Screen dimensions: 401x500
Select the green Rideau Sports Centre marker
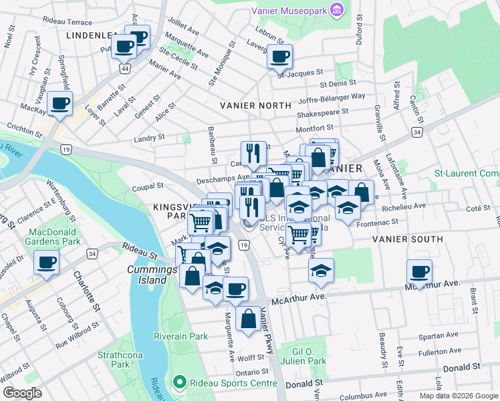[178, 383]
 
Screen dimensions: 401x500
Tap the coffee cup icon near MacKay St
[60, 104]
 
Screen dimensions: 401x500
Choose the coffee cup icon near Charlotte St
[46, 262]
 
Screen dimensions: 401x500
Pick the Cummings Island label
[147, 275]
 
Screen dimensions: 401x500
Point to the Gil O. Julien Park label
[308, 356]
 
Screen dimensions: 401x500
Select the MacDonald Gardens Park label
[53, 236]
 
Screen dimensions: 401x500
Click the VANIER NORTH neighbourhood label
[256, 106]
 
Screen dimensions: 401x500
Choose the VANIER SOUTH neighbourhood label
[407, 239]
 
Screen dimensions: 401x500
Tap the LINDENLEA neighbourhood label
[92, 35]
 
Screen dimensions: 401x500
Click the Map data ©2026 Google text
[458, 396]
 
